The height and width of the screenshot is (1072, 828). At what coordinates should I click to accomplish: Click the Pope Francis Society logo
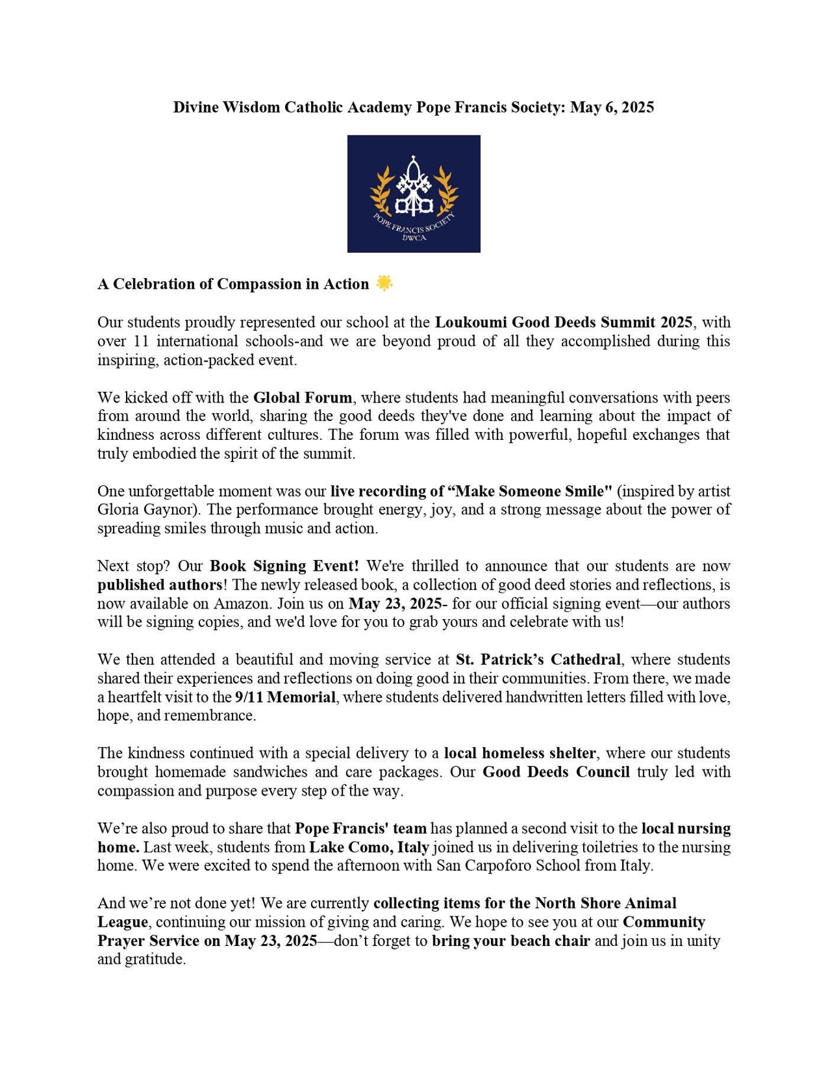pos(413,194)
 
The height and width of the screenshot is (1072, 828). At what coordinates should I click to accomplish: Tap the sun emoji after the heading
pos(384,284)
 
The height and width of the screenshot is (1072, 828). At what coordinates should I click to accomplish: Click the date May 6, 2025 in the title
pos(612,107)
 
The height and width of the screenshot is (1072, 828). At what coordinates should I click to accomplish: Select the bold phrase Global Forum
pos(303,397)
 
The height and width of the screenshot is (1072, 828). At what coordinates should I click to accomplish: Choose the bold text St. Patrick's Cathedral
pos(538,659)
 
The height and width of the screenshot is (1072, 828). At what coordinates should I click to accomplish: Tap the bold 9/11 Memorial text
pos(285,697)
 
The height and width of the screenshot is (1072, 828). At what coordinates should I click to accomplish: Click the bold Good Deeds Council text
pos(556,772)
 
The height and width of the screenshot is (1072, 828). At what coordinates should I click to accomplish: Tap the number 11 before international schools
pos(141,341)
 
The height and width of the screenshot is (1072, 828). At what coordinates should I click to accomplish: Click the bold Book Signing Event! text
pos(284,566)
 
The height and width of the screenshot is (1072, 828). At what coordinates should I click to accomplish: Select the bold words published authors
pos(160,585)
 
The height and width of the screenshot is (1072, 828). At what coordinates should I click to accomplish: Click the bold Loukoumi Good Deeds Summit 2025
pos(564,322)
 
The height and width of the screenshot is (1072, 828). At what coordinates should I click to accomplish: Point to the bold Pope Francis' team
pos(361,828)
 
